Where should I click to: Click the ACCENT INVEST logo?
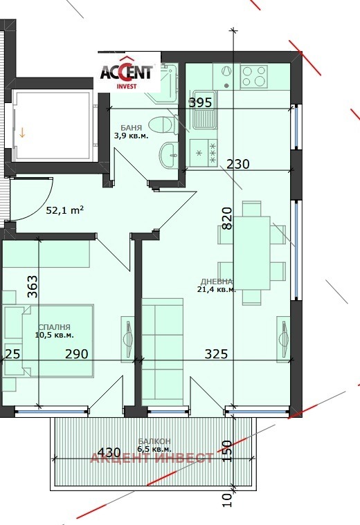pos(129,72)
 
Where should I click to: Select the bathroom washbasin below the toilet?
pos(168,154)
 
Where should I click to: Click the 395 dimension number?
pos(200,103)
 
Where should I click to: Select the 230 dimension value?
pos(238,165)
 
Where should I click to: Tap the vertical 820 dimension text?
pos(228,218)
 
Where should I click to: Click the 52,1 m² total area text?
pos(65,210)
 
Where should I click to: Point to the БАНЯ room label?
pos(132,128)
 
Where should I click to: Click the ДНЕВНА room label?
pos(217,281)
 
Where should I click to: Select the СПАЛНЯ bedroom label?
pos(54,328)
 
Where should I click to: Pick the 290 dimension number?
pos(76,354)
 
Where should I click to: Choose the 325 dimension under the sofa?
pos(216,354)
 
